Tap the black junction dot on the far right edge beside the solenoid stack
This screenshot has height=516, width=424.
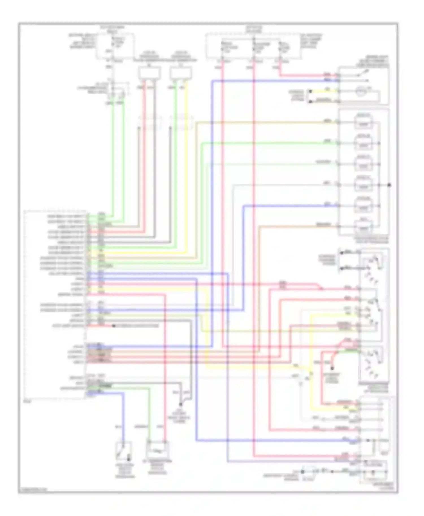tap(389, 185)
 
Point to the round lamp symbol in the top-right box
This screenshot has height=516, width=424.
tap(360, 92)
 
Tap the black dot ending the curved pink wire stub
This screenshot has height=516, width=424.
tap(332, 368)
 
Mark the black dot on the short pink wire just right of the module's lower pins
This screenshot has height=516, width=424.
tap(114, 326)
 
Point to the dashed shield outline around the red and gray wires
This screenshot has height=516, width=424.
tap(150, 123)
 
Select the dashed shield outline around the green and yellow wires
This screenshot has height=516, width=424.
tap(181, 123)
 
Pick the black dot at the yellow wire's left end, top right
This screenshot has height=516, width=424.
tap(310, 91)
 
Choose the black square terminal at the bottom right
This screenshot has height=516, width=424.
tap(302, 471)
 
